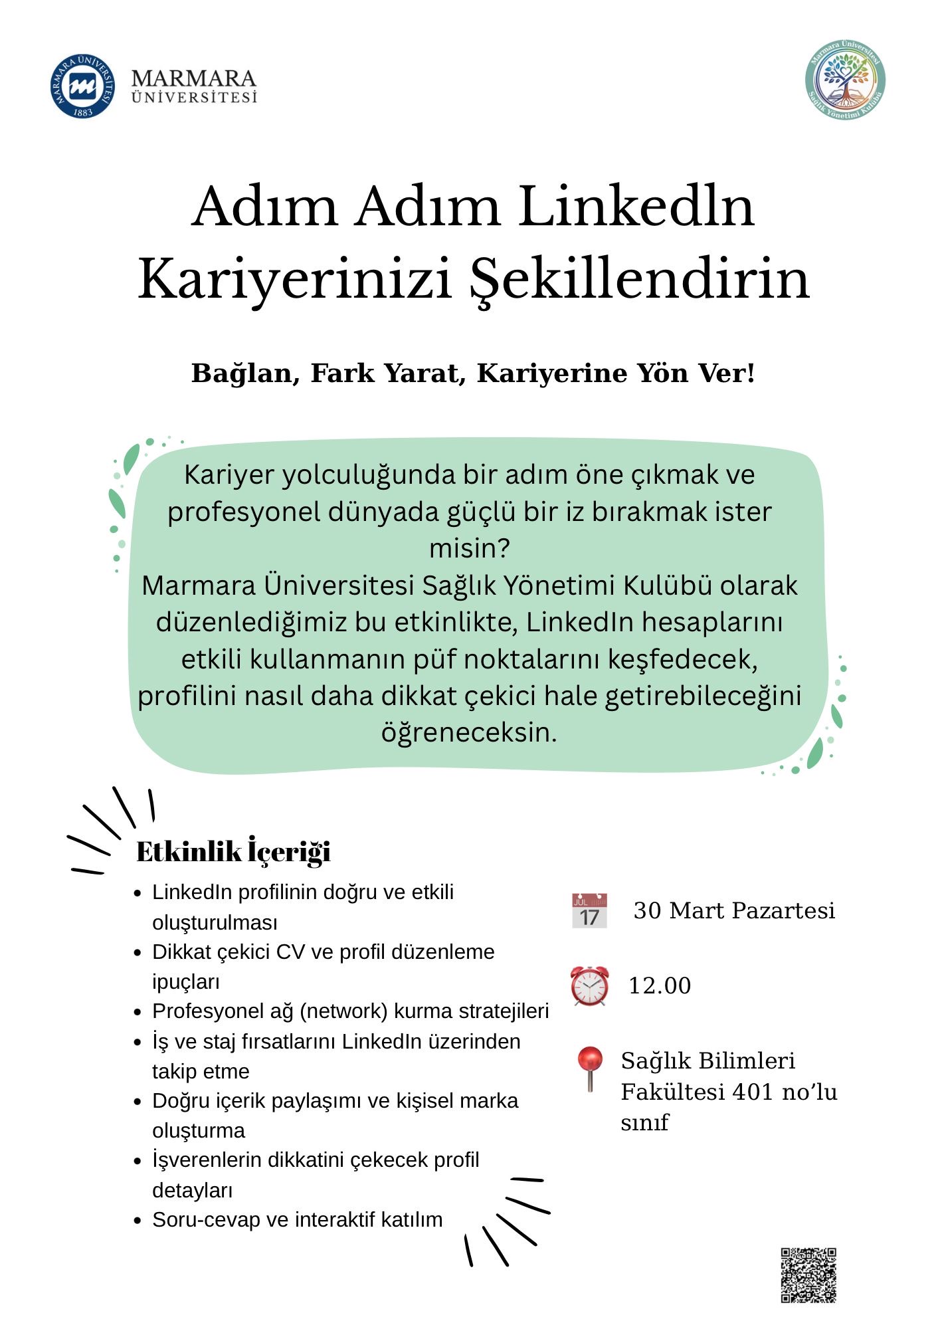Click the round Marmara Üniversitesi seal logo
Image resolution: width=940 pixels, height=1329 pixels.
click(x=82, y=86)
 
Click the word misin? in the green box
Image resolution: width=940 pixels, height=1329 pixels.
click(x=469, y=548)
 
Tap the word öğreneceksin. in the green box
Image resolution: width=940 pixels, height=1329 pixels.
click(x=469, y=732)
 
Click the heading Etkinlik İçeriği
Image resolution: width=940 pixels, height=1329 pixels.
click(x=233, y=852)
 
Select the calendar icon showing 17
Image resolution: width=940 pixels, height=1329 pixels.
click(x=589, y=911)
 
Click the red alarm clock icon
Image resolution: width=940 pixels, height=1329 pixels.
click(x=589, y=985)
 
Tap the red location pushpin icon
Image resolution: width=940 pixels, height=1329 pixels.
click(x=589, y=1068)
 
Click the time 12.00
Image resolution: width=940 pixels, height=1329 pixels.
click(x=660, y=985)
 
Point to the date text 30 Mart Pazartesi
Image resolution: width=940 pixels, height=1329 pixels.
click(x=734, y=910)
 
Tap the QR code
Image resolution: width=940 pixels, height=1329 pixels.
click(x=808, y=1275)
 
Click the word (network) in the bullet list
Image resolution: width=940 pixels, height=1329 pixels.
click(x=343, y=1011)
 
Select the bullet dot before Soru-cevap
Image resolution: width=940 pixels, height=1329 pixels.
click(x=138, y=1221)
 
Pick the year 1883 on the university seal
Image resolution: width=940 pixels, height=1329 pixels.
click(x=82, y=112)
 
